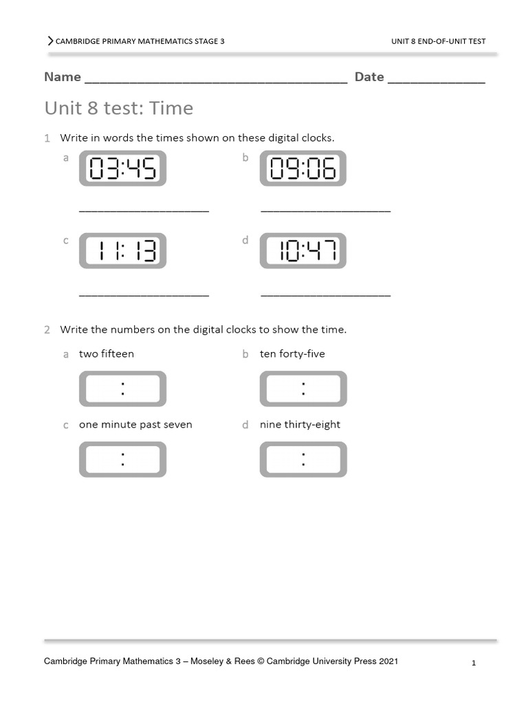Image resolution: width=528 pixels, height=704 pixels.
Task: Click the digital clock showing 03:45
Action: click(122, 168)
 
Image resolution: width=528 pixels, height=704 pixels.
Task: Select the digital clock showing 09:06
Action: click(302, 168)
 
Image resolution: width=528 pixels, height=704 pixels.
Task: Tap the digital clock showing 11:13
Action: click(122, 251)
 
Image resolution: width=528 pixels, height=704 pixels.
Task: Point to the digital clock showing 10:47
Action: click(302, 251)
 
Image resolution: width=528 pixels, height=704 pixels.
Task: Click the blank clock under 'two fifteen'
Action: click(122, 389)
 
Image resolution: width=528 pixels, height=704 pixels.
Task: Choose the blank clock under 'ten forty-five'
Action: click(302, 389)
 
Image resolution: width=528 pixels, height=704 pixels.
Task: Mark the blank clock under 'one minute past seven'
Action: click(122, 459)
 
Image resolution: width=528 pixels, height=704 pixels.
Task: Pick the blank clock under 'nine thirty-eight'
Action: click(302, 459)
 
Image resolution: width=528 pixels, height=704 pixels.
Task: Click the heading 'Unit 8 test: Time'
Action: click(119, 109)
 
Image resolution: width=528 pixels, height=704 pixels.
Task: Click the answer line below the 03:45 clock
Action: click(144, 211)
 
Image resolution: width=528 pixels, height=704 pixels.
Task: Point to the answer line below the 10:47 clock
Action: click(325, 295)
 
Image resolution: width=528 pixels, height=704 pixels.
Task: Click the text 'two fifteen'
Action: click(107, 354)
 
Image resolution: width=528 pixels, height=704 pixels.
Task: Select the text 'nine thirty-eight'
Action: click(300, 425)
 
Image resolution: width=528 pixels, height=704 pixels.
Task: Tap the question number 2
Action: click(47, 330)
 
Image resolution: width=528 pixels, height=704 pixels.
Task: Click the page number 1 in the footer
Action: click(474, 663)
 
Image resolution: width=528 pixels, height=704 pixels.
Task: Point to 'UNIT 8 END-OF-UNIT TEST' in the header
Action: click(439, 41)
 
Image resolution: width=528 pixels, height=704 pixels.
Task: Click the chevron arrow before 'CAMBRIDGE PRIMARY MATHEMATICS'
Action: click(50, 41)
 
